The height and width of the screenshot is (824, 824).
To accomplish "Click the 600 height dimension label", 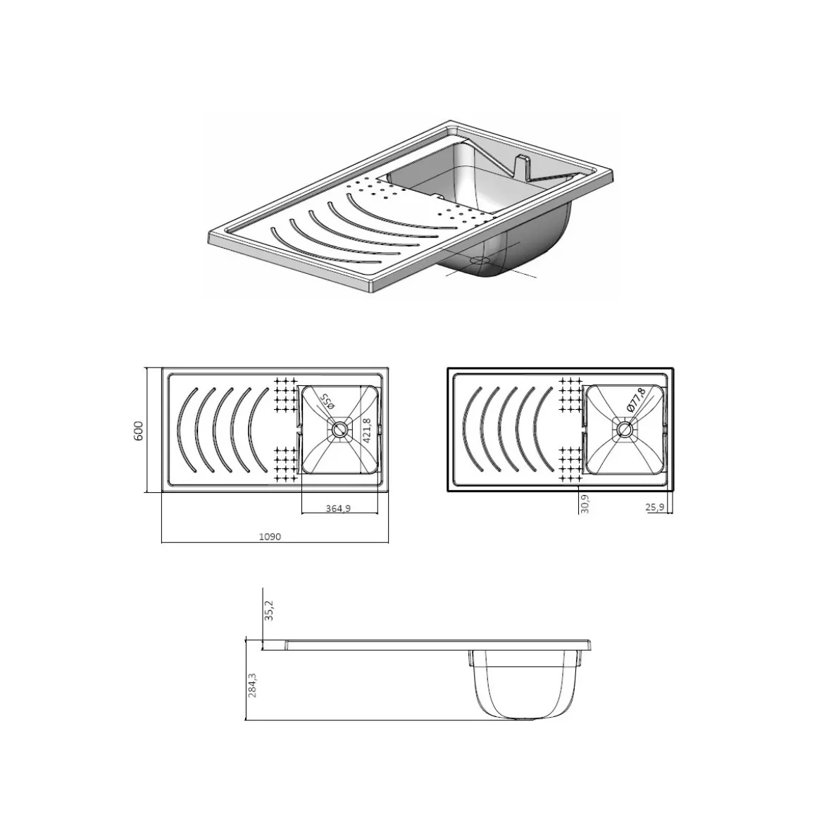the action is tap(139, 431).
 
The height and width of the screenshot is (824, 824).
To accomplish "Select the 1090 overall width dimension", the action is tap(270, 537).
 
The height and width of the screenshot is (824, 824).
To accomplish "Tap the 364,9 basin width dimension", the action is tap(338, 508).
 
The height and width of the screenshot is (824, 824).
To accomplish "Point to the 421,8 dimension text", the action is tap(367, 431).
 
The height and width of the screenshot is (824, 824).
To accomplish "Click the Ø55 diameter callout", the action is tap(326, 402).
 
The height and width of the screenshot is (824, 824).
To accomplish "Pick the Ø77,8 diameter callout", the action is tap(636, 400).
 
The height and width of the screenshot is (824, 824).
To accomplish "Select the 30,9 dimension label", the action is tap(585, 504).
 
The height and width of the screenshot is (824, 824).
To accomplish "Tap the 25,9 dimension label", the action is tap(655, 507).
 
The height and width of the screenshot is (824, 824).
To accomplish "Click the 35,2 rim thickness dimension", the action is tap(269, 611).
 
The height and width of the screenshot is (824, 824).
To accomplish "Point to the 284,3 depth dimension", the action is tap(253, 685).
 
